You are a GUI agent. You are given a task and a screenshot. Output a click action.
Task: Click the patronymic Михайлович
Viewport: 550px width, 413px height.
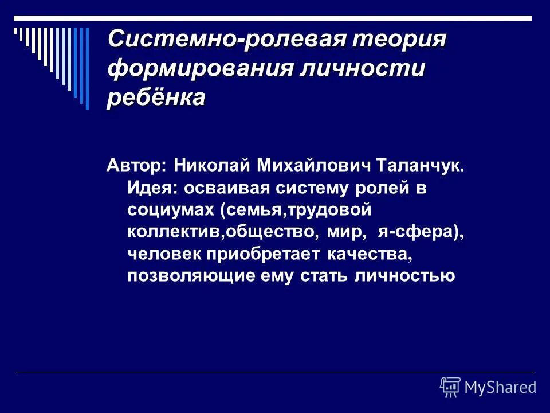pyautogui.click(x=314, y=166)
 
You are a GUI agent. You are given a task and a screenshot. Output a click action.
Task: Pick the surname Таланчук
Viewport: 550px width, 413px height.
pyautogui.click(x=419, y=166)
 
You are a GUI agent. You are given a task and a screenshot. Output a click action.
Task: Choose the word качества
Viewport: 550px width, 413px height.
pyautogui.click(x=360, y=254)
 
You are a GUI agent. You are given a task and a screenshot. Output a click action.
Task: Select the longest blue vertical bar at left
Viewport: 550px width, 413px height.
pyautogui.click(x=87, y=68)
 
